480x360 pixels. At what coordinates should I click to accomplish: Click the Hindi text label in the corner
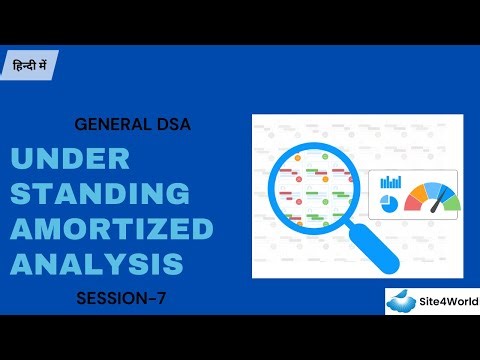(x=29, y=64)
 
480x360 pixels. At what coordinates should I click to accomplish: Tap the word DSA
(x=170, y=126)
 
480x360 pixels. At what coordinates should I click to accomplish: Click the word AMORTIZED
(x=112, y=229)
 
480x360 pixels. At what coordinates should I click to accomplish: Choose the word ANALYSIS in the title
(x=97, y=263)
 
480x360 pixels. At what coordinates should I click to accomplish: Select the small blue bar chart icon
(x=391, y=183)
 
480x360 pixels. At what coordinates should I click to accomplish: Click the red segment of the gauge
(x=413, y=201)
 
